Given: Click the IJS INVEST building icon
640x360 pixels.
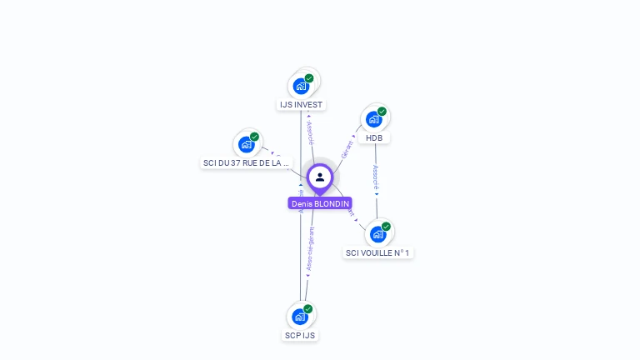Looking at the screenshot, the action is (301, 86).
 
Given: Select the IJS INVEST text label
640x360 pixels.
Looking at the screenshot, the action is (301, 105).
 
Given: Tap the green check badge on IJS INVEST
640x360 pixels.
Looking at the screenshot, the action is (309, 78).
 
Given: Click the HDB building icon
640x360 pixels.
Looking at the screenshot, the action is (373, 119).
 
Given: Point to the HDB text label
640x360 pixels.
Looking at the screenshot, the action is (373, 138).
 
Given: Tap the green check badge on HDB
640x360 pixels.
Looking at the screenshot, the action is (382, 112).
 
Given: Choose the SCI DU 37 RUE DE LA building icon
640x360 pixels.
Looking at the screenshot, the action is (246, 144).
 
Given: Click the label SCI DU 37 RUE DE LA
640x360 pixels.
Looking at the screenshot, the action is (246, 163).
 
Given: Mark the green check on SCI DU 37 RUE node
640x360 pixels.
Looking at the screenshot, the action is (254, 137).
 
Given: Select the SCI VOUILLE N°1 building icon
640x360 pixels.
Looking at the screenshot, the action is (377, 234).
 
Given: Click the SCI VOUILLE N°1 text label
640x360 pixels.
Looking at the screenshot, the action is (377, 252).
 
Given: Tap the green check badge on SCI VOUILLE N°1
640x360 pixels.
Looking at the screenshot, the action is (386, 227).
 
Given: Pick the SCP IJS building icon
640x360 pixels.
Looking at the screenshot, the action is (300, 317).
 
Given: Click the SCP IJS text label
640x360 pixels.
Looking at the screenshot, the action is (300, 335).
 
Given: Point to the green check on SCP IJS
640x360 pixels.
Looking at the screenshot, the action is (308, 309).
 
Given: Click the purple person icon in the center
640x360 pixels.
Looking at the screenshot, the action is (320, 177).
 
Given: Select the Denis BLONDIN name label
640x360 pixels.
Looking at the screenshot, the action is (320, 203).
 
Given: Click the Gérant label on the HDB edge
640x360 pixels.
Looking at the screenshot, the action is (347, 147).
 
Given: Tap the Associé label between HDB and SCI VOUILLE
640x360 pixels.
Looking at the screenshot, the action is (376, 178).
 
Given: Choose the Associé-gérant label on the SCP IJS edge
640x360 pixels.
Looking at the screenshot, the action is (310, 250).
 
